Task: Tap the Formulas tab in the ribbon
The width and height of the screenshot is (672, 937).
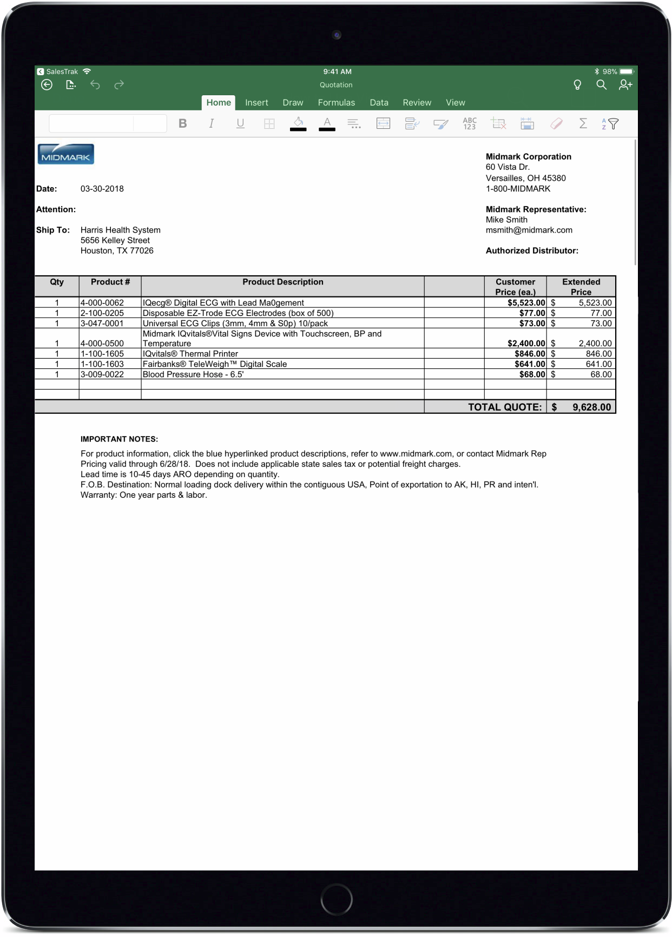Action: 336,103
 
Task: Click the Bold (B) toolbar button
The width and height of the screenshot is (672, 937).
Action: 183,124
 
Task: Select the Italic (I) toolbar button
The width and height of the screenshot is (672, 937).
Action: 212,124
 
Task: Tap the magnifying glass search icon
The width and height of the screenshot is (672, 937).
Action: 601,85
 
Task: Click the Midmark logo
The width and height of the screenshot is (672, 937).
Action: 65,154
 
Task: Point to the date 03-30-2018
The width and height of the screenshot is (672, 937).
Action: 102,189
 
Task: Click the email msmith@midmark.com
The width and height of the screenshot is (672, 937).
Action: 529,230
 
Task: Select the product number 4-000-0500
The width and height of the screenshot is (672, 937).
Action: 102,344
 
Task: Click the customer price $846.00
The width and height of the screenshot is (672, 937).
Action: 530,354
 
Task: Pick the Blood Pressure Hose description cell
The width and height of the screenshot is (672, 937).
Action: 193,374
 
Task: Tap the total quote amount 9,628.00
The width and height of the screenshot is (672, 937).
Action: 591,407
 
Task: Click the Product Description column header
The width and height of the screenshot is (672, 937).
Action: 282,282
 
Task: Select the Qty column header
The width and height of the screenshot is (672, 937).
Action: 57,282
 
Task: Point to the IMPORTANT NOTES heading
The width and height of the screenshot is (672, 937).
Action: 119,439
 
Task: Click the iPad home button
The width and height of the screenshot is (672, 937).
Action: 336,900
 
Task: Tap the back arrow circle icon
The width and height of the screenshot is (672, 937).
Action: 47,85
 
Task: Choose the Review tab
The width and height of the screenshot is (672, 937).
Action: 417,103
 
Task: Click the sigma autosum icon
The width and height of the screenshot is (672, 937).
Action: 583,124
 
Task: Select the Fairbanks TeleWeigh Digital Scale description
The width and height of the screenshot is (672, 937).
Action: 215,364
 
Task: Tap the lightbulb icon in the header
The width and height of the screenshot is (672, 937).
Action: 577,85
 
